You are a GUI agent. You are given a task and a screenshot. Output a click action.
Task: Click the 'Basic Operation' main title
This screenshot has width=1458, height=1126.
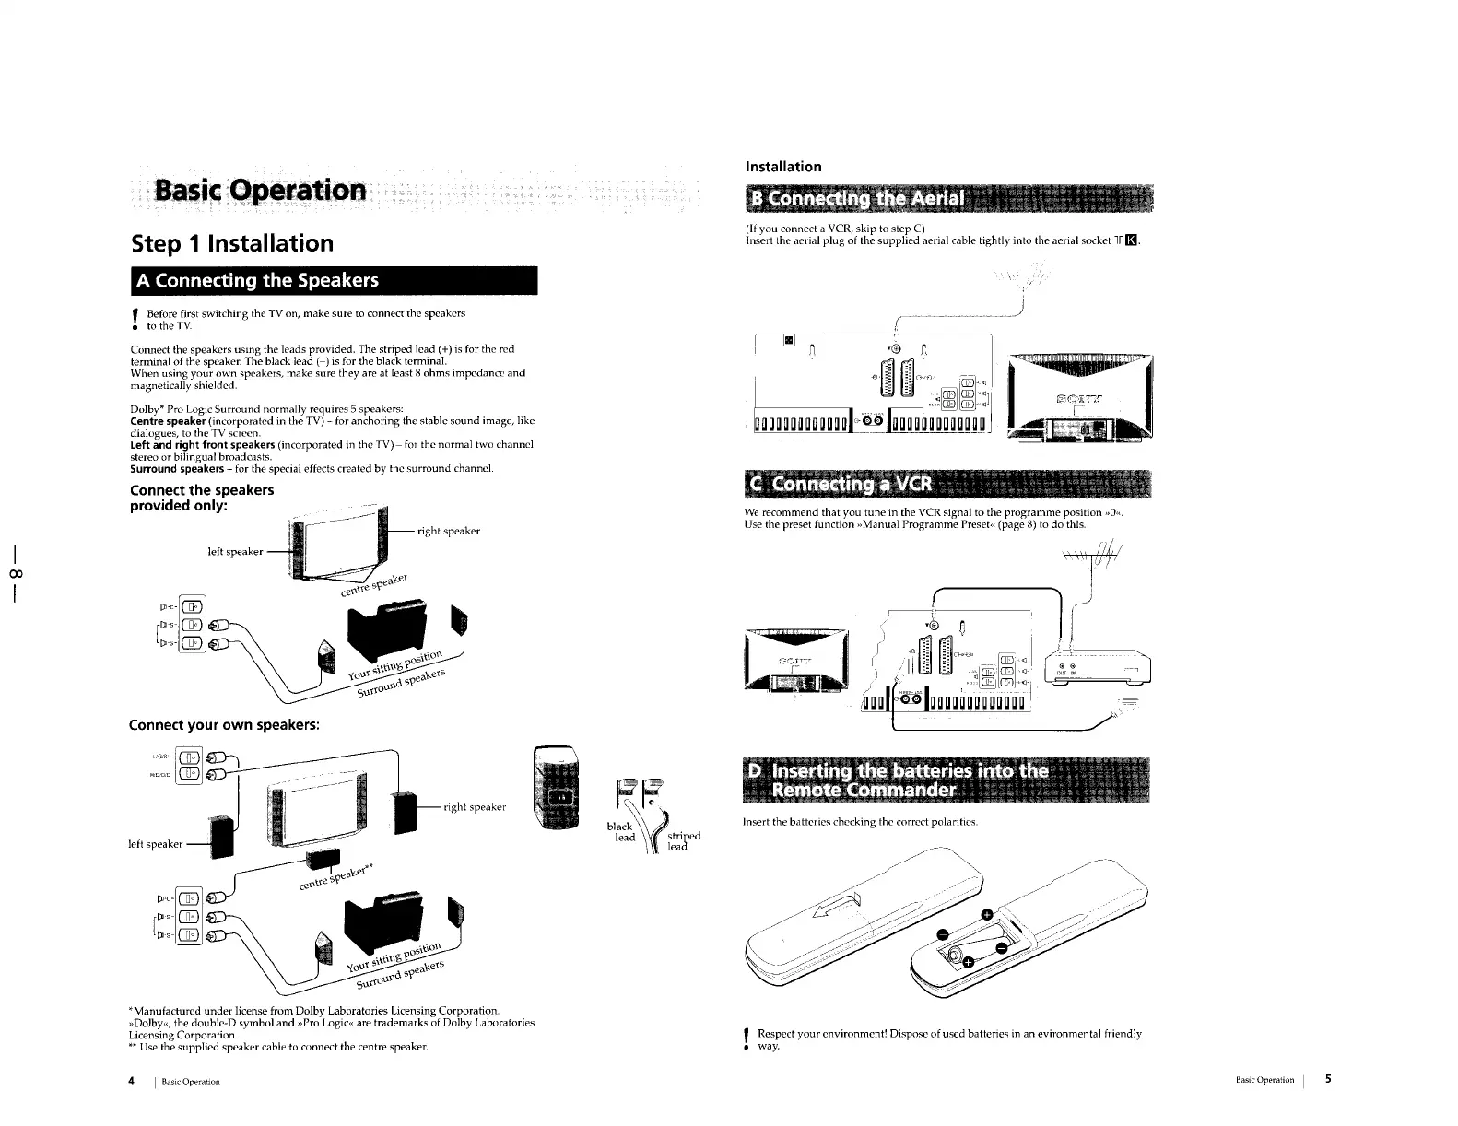click(x=262, y=191)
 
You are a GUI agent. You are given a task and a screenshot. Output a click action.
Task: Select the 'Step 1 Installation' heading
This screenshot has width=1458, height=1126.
click(x=231, y=243)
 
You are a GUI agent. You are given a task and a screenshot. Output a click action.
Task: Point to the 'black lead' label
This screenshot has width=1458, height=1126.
click(x=621, y=831)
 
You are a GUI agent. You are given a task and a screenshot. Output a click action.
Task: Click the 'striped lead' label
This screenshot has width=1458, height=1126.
click(x=682, y=841)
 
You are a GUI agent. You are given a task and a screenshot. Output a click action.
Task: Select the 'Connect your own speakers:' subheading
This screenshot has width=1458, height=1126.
click(x=225, y=724)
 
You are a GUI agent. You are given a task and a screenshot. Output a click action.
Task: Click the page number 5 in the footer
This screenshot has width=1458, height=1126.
click(x=1328, y=1079)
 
